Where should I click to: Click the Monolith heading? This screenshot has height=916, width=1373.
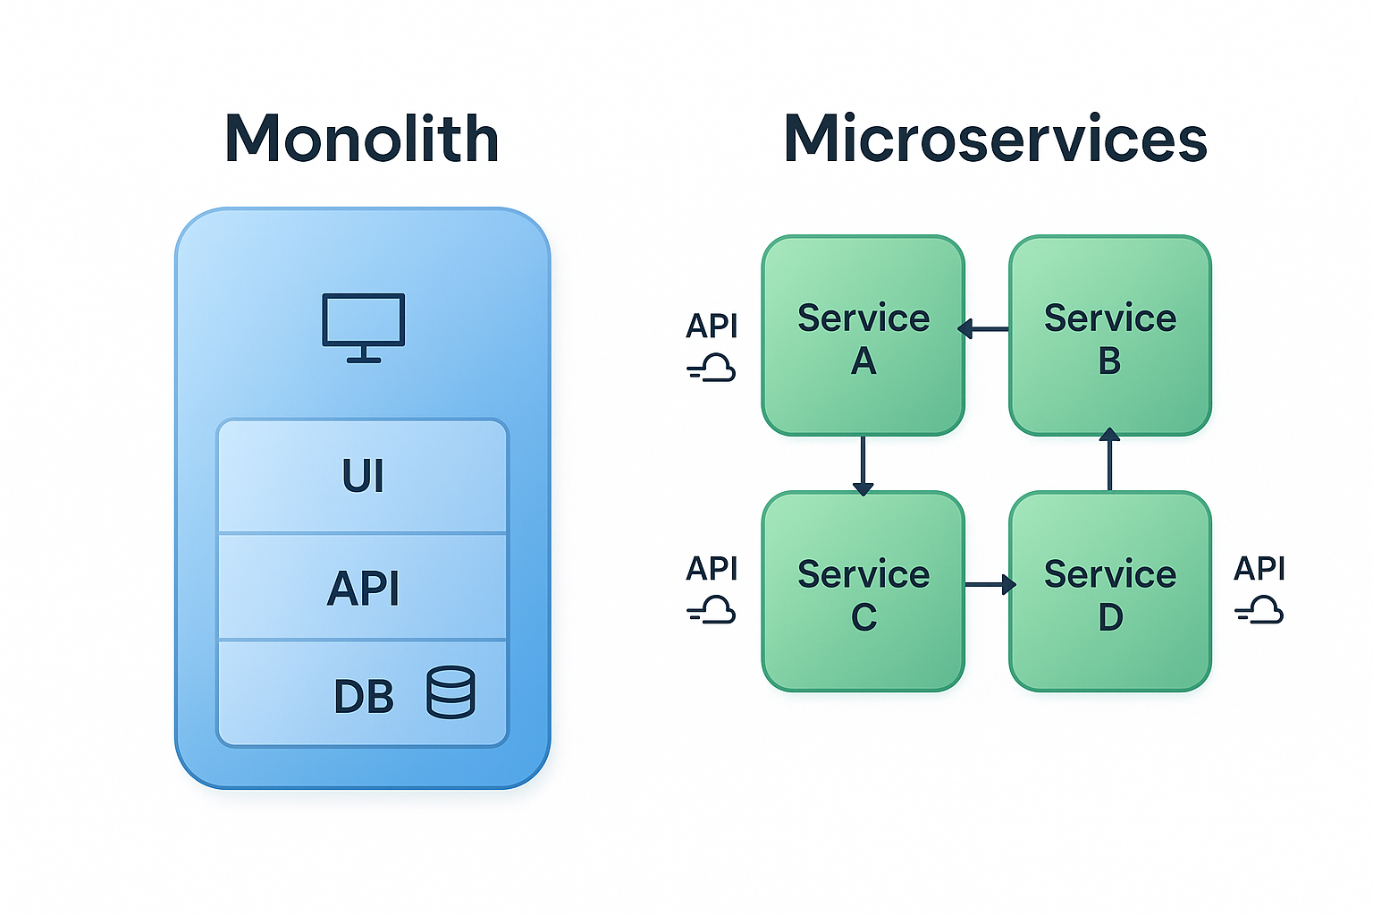click(361, 140)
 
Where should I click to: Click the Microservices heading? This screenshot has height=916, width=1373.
click(995, 140)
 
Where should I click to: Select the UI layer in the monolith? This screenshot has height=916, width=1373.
click(363, 476)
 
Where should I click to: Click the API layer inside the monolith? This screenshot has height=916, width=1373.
click(363, 588)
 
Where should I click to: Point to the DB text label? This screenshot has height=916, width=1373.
click(363, 697)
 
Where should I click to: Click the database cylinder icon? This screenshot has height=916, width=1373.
click(451, 692)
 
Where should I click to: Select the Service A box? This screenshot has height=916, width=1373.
click(863, 336)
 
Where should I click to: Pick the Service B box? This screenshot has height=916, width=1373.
click(1109, 336)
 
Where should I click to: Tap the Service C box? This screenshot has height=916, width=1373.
click(863, 592)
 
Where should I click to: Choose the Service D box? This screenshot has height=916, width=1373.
click(1109, 592)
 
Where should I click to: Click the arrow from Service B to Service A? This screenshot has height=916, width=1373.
click(985, 329)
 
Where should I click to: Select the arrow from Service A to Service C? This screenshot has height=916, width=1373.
click(863, 464)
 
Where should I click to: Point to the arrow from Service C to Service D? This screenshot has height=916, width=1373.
click(990, 585)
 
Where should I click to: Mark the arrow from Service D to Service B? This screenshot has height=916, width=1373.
click(1109, 460)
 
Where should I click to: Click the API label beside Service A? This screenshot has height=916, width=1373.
click(712, 327)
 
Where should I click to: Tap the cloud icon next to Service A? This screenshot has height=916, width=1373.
click(712, 368)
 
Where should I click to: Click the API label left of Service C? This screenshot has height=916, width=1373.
click(712, 569)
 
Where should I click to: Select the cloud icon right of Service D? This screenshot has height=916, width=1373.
click(1260, 612)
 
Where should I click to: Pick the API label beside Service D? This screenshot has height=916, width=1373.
click(1259, 569)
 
